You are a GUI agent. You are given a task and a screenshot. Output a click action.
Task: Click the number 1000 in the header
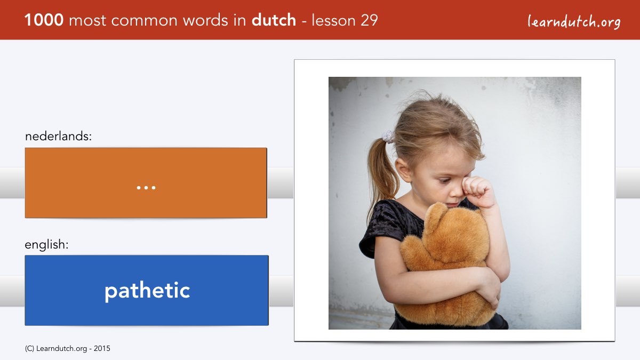(x=44, y=20)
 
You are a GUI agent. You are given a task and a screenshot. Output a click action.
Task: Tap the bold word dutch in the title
(x=274, y=20)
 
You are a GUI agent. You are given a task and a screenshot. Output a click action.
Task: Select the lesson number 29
(x=369, y=20)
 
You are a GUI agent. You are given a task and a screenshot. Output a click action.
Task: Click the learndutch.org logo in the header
(x=574, y=22)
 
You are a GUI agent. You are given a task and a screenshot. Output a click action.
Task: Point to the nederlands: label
(x=58, y=136)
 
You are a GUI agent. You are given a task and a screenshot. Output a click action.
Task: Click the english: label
(x=46, y=245)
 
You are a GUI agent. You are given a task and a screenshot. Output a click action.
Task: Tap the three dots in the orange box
(x=146, y=188)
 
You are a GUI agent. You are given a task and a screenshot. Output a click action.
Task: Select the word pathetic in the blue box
(x=147, y=291)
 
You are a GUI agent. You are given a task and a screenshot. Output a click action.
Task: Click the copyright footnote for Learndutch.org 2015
(x=67, y=349)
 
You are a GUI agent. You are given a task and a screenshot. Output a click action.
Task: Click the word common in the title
(x=145, y=21)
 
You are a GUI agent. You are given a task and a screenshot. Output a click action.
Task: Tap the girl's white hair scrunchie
(x=388, y=136)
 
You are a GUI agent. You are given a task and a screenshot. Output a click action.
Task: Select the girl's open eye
(x=445, y=181)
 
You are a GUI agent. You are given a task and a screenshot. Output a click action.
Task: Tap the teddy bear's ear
(x=434, y=215)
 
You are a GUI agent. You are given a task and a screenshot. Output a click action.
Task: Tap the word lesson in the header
(x=333, y=20)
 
